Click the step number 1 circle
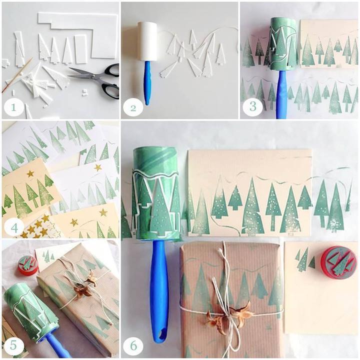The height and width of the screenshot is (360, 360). (x=13, y=107)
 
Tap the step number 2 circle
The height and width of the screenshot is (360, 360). (x=133, y=107)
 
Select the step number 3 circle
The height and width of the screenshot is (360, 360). (x=252, y=106)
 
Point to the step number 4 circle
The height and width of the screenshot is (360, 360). (x=14, y=228)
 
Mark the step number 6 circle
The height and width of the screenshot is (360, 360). (x=133, y=345)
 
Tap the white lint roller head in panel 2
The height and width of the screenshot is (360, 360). (x=147, y=41)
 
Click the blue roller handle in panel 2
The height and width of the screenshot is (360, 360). (x=147, y=83)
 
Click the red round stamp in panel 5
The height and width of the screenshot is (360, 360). (x=27, y=265)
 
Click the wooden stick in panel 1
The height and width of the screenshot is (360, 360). (x=16, y=75)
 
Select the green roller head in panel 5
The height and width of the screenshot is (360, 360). (x=28, y=309)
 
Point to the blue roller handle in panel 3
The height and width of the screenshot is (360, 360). (x=281, y=94)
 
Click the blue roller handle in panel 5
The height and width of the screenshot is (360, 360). (x=58, y=346)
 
